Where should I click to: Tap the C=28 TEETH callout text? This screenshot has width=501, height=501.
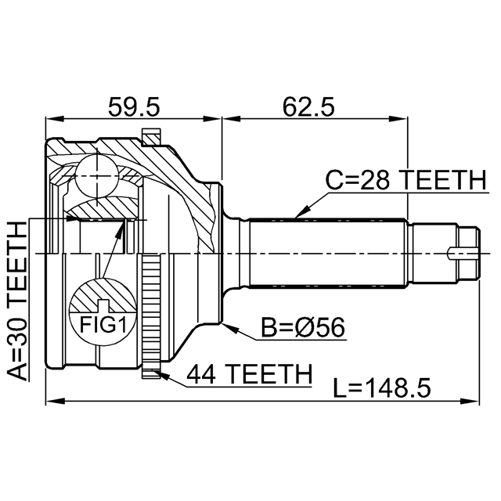[x=405, y=182]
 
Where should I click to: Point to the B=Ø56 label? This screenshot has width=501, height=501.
[x=303, y=327]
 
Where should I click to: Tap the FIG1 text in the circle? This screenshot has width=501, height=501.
[x=104, y=322]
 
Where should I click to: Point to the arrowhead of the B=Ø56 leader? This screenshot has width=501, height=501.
[x=224, y=325]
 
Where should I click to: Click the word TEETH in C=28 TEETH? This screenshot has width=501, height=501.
[x=443, y=182]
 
